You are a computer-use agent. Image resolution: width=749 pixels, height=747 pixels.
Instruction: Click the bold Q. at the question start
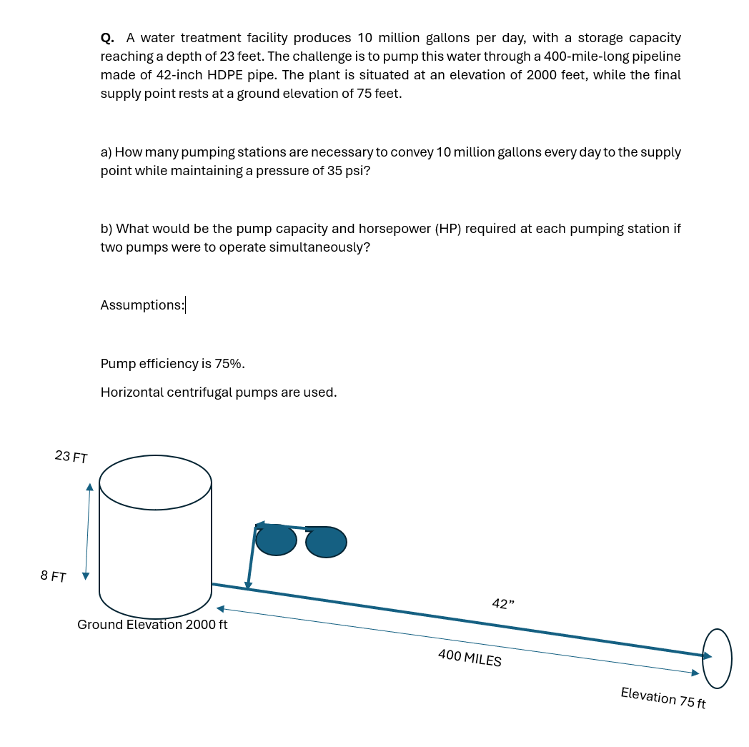[x=107, y=38]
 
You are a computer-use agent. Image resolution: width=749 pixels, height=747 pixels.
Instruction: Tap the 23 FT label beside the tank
[x=71, y=457]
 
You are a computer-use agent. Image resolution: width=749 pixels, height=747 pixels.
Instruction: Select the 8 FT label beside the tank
[x=54, y=576]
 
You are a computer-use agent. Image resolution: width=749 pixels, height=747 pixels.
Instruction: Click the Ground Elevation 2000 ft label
[x=152, y=625]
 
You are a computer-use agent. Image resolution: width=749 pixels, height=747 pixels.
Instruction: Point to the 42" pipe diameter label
[x=503, y=604]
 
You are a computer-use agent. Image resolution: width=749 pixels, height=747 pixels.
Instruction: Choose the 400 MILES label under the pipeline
[x=470, y=658]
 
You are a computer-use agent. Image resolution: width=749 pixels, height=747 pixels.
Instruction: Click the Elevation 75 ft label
[x=663, y=698]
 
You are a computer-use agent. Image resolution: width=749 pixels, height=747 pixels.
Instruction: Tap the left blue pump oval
[x=276, y=540]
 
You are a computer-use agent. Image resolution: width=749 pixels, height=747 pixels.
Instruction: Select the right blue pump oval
[x=326, y=542]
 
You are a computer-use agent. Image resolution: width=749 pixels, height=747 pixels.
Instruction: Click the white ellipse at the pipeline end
[x=718, y=658]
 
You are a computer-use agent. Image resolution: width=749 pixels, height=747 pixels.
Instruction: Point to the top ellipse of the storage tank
[x=155, y=483]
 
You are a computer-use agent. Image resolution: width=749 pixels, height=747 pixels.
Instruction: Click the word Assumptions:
[x=142, y=305]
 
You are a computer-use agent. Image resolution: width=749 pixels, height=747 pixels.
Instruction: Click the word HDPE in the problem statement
[x=227, y=75]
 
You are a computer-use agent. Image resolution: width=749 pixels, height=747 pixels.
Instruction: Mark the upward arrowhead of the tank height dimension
[x=89, y=488]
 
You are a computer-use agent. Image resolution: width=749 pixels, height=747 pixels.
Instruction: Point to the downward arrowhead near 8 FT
[x=85, y=575]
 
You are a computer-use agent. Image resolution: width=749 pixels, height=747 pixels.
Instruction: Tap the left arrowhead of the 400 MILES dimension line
[x=221, y=609]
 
